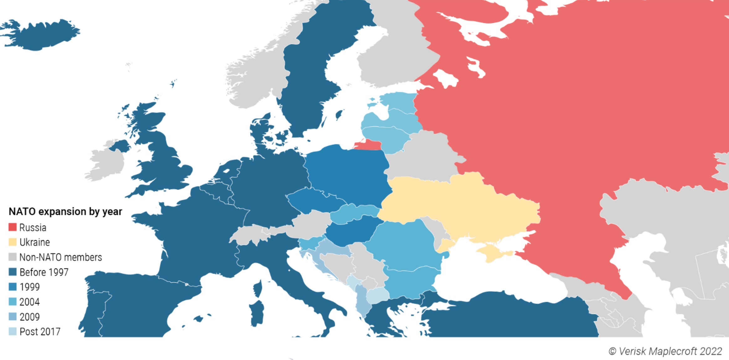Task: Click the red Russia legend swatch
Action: click(x=13, y=227)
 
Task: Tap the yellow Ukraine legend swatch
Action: click(x=13, y=242)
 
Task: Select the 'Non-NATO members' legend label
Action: click(x=60, y=257)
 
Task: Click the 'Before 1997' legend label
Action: click(x=44, y=272)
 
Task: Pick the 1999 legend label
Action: click(x=30, y=287)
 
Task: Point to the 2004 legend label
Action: click(x=30, y=302)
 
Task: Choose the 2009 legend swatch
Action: click(x=13, y=317)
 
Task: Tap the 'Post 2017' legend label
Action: click(x=40, y=332)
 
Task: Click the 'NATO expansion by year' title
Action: click(x=65, y=212)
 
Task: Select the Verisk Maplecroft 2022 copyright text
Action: click(x=665, y=351)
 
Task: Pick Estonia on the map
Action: click(x=399, y=100)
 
